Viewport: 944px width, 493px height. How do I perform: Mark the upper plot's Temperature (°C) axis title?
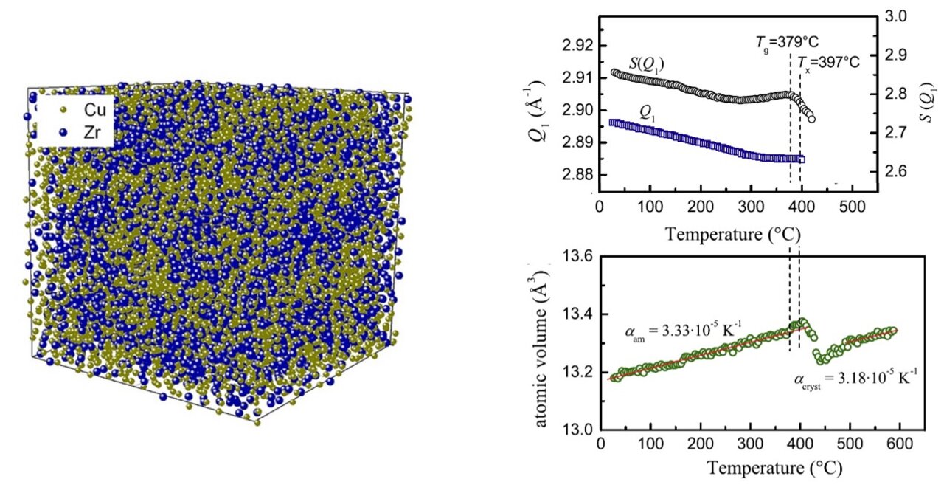[733, 235]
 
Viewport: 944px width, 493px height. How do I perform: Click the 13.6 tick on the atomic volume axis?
[575, 257]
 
